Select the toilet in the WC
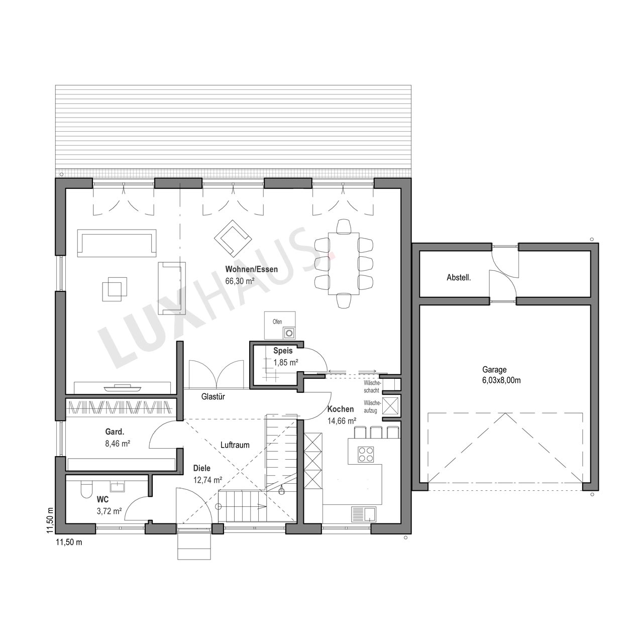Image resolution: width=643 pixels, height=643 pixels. click(x=85, y=489)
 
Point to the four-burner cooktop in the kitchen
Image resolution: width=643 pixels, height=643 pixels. click(x=365, y=455)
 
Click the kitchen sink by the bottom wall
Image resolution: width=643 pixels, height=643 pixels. click(x=363, y=514)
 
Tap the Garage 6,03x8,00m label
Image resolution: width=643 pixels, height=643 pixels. click(x=501, y=375)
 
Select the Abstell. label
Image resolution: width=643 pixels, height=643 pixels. click(x=459, y=277)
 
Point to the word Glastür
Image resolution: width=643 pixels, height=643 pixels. click(x=213, y=396)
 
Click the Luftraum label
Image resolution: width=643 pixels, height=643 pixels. click(x=235, y=445)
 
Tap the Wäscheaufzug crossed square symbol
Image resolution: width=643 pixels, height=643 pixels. click(x=389, y=406)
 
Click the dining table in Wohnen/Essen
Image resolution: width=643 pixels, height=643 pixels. click(x=344, y=264)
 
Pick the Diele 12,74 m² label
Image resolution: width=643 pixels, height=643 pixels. click(x=207, y=474)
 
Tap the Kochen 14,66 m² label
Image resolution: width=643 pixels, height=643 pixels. click(x=342, y=415)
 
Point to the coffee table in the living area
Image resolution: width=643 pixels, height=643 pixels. click(x=115, y=287)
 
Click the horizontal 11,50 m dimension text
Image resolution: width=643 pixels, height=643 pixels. click(x=69, y=542)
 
